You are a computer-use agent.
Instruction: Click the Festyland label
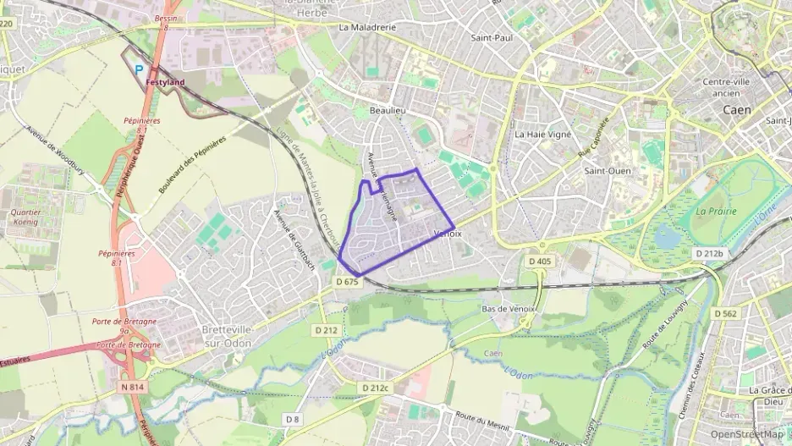pyautogui.click(x=165, y=82)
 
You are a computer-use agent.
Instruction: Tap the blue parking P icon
pyautogui.click(x=140, y=72)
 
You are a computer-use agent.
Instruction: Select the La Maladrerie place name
pyautogui.click(x=367, y=27)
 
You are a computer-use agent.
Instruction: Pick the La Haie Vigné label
pyautogui.click(x=543, y=134)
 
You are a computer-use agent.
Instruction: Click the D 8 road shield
pyautogui.click(x=293, y=419)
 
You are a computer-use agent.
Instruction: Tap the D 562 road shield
pyautogui.click(x=726, y=313)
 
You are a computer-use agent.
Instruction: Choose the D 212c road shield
pyautogui.click(x=372, y=388)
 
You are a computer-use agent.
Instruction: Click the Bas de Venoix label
pyautogui.click(x=509, y=309)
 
